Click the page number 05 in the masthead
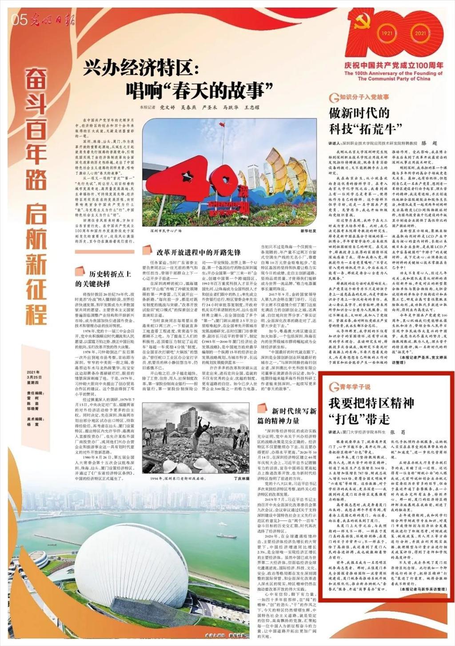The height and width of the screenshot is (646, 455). point(20,19)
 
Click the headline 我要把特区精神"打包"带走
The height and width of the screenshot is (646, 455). point(371,411)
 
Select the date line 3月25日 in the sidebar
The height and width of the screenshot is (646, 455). point(33,377)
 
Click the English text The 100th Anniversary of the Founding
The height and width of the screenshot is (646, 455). point(394,73)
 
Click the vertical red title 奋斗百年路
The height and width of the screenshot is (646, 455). point(35,129)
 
